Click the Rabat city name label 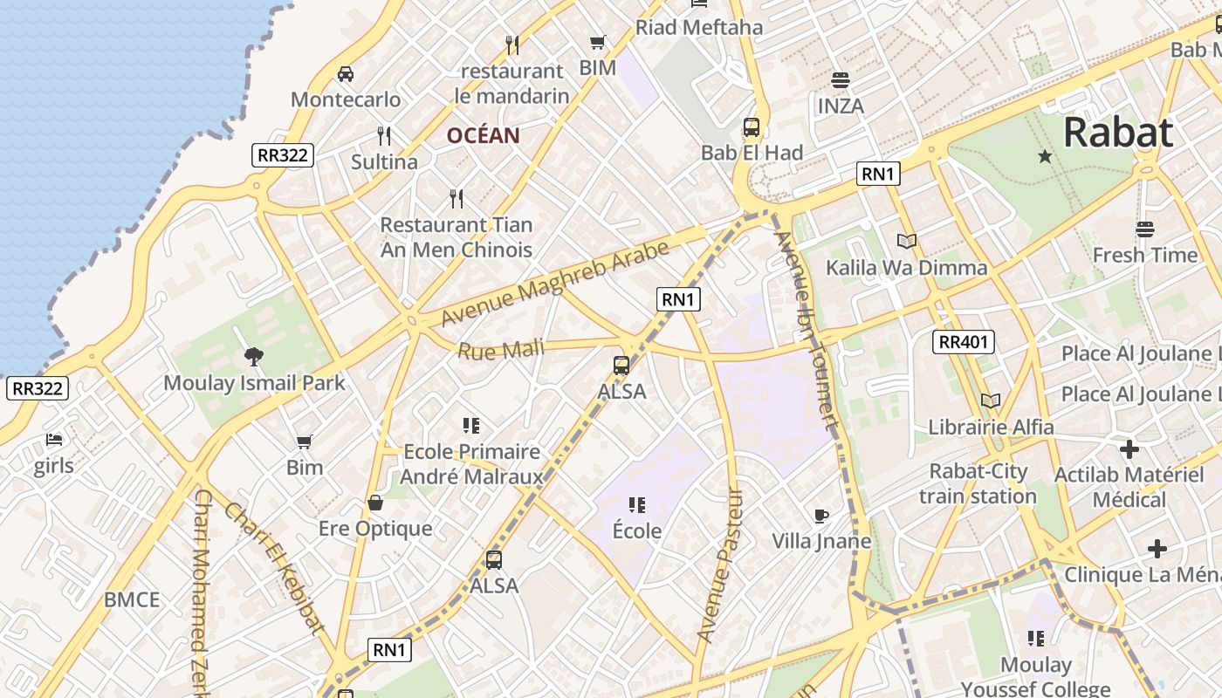(x=1117, y=133)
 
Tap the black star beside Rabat (x=1045, y=156)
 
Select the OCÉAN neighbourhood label (x=483, y=135)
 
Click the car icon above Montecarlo (x=346, y=74)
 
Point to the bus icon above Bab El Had (x=752, y=127)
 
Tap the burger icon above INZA (x=841, y=80)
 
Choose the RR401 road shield (x=964, y=342)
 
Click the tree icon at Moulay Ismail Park (x=254, y=356)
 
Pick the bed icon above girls (x=54, y=440)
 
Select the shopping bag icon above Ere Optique (x=375, y=503)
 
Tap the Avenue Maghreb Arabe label (x=555, y=283)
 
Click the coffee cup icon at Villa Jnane (x=820, y=516)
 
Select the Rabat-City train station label (x=978, y=483)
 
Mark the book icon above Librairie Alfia (x=990, y=401)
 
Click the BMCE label (x=132, y=599)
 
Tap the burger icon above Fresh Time (x=1145, y=229)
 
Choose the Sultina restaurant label (x=384, y=161)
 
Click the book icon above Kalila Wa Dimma (x=907, y=242)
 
